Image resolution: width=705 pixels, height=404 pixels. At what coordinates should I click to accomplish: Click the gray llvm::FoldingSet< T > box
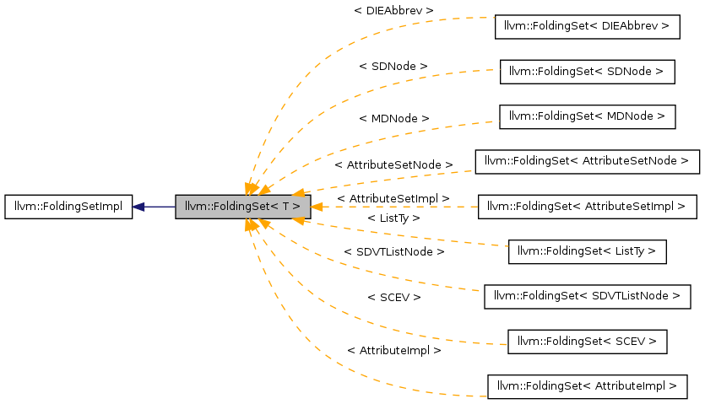(242, 207)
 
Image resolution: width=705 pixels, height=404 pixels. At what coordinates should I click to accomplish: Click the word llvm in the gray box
(195, 207)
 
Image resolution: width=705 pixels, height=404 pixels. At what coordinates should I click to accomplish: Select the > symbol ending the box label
(296, 207)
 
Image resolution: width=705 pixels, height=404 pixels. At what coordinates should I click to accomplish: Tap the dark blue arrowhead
(138, 207)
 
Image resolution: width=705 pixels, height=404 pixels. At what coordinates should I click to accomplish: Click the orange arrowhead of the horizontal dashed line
(317, 207)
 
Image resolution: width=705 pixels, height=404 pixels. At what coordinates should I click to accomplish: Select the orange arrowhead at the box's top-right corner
(298, 192)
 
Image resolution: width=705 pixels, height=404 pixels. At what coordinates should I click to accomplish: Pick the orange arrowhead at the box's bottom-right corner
(298, 220)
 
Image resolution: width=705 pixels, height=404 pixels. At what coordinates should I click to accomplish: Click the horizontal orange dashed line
(397, 207)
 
